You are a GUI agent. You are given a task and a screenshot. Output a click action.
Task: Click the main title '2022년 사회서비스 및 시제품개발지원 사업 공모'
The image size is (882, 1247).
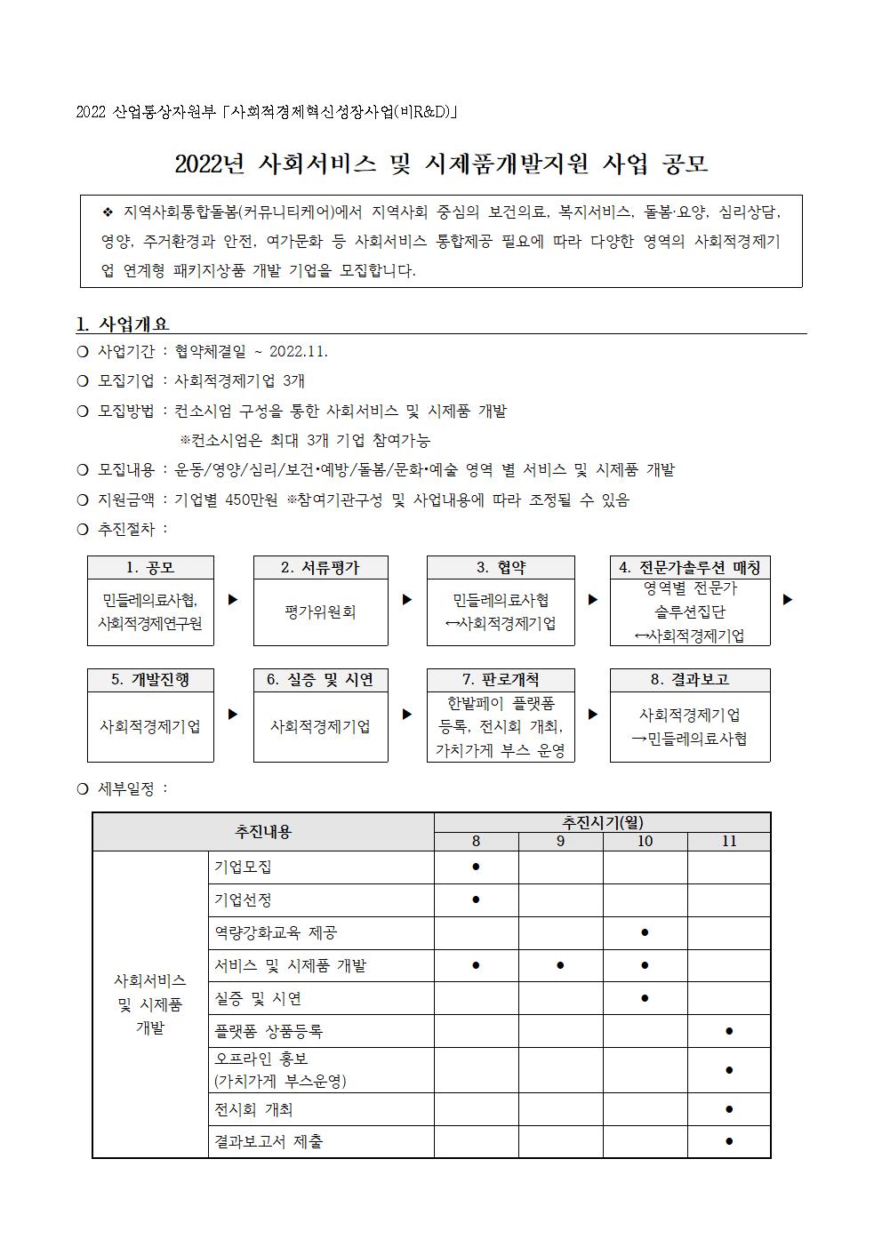click(441, 164)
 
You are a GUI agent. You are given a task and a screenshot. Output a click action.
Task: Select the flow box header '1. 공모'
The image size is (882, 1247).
click(150, 567)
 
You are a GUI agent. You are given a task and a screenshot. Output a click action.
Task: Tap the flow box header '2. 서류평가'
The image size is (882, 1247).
click(320, 567)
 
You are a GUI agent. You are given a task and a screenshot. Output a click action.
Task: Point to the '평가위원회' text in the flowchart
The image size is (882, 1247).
click(320, 612)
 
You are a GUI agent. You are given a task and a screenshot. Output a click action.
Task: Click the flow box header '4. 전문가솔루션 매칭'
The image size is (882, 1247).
click(690, 567)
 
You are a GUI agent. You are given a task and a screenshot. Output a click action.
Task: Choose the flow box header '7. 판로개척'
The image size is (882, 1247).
click(501, 680)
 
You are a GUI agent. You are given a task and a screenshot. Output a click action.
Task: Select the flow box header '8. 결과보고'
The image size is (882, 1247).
click(690, 680)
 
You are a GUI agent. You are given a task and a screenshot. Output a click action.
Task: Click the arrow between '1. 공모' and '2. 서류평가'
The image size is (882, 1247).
click(233, 600)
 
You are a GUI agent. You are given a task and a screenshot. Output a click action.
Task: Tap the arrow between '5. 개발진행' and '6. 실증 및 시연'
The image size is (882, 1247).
click(233, 714)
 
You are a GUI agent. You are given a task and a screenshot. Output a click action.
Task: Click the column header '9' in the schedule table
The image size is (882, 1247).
click(560, 841)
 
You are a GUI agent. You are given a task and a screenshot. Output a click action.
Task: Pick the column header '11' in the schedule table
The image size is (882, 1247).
click(729, 841)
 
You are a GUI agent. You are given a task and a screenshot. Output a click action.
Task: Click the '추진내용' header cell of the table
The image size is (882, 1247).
click(263, 832)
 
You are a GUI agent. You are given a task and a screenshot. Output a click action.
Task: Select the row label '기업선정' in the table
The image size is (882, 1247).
click(243, 899)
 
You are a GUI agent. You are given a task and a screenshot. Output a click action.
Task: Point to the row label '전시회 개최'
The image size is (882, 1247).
click(253, 1109)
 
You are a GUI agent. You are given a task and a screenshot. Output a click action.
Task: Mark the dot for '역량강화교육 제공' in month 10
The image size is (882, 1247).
click(645, 932)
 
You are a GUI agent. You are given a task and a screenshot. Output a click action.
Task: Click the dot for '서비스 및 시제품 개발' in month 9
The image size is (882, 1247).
click(560, 965)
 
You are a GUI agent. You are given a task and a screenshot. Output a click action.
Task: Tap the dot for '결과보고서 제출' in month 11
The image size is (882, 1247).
click(729, 1141)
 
